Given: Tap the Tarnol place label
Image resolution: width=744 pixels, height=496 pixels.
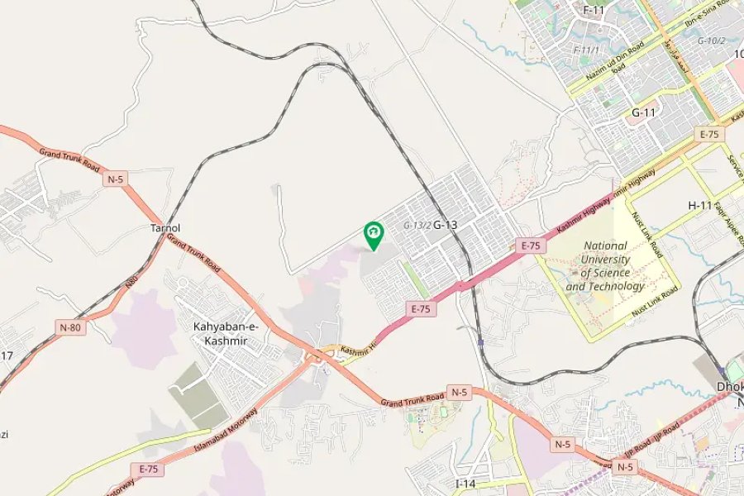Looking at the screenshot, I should coord(165,227).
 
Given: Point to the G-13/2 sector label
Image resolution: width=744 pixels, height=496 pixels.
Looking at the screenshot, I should coord(417,225).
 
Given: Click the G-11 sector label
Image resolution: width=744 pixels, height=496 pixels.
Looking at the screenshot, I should coord(644,112).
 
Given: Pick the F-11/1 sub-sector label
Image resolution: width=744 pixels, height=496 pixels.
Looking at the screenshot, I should coord(586,50).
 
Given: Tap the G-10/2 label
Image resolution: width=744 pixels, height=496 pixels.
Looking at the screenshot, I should coord(711,41).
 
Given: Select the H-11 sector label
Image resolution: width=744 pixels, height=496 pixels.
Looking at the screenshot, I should coord(700,205).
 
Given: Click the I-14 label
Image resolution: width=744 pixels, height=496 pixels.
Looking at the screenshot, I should coord(466,483).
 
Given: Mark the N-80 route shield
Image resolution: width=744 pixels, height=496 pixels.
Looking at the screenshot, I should coord(70,327).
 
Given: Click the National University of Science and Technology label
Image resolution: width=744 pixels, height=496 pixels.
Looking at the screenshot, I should coord(605,265).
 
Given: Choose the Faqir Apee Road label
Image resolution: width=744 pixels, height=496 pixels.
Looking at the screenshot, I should coord(725,219).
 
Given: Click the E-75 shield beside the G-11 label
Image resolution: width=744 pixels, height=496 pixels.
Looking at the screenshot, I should coord(709,134).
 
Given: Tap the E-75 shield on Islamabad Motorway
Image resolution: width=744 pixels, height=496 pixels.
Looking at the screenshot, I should coord(149,469).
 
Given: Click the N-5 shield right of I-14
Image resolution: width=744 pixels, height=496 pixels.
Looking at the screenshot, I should coord(562,444).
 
